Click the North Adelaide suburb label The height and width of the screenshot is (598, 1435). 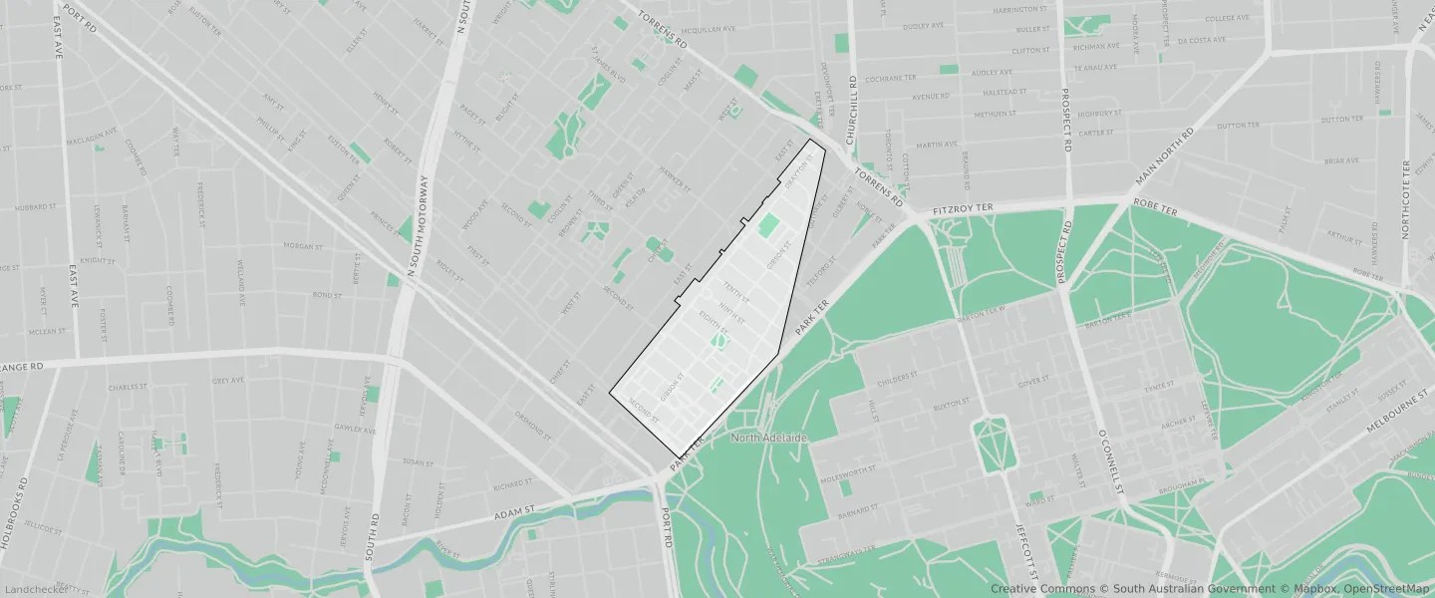767,438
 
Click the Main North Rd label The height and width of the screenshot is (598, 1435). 1164,157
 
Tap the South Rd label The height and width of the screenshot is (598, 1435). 373,536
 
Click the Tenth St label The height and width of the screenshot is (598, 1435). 735,292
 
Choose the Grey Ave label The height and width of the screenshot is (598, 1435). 228,381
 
